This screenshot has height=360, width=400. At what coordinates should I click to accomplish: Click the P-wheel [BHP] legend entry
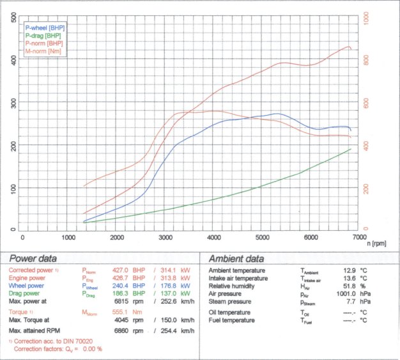(x=44, y=29)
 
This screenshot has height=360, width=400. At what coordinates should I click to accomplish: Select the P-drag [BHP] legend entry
(x=43, y=36)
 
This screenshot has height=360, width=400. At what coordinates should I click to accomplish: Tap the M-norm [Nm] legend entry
(x=43, y=51)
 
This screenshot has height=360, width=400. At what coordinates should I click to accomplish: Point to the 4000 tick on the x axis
(x=214, y=237)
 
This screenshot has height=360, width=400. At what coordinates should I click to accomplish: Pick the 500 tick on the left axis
(x=14, y=19)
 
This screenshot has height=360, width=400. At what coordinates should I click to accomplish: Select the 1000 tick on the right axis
(x=366, y=19)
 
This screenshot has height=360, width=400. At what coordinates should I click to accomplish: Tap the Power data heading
(x=33, y=259)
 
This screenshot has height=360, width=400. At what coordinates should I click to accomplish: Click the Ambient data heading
(x=236, y=259)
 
